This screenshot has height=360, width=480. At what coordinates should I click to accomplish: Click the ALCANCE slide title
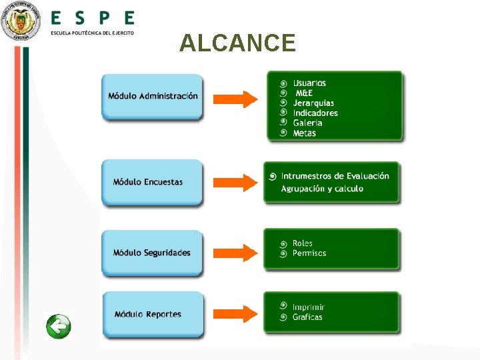[x=237, y=43]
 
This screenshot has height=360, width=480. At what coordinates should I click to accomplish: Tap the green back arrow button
[x=59, y=327]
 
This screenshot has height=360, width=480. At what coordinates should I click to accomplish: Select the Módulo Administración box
[x=153, y=96]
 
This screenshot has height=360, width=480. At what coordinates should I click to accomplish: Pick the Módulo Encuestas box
[x=151, y=182]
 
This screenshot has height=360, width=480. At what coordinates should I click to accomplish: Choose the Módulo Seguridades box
[x=151, y=253]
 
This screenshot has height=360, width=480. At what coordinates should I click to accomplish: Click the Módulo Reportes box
[x=153, y=314]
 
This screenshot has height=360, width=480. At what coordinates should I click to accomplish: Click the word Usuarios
[x=309, y=83]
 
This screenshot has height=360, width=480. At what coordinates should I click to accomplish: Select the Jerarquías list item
[x=313, y=103]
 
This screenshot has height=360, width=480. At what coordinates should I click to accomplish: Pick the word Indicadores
[x=315, y=113]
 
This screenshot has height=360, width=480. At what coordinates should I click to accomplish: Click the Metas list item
[x=305, y=133]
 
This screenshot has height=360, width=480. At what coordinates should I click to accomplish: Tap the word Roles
[x=302, y=243]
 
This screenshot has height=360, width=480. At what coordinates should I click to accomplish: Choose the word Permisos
[x=309, y=253]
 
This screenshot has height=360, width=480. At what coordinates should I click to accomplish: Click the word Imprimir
[x=308, y=307]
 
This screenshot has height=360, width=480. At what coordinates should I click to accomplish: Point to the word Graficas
[x=307, y=317]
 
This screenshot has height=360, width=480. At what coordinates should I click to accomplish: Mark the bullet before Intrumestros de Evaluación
[x=272, y=177]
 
